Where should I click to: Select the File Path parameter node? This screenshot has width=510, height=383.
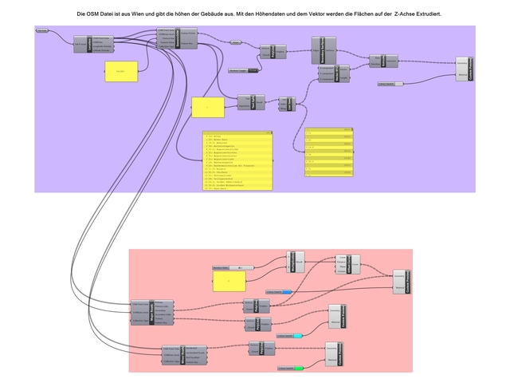pyautogui.click(x=43, y=30)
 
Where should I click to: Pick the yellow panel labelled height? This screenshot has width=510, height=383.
pyautogui.click(x=121, y=71)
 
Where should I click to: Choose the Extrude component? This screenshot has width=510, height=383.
pyautogui.click(x=383, y=60)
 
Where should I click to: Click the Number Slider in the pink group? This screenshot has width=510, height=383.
pyautogui.click(x=232, y=267)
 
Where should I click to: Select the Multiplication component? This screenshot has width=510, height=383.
pyautogui.click(x=295, y=262)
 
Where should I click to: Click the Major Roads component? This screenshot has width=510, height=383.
pyautogui.click(x=151, y=312)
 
